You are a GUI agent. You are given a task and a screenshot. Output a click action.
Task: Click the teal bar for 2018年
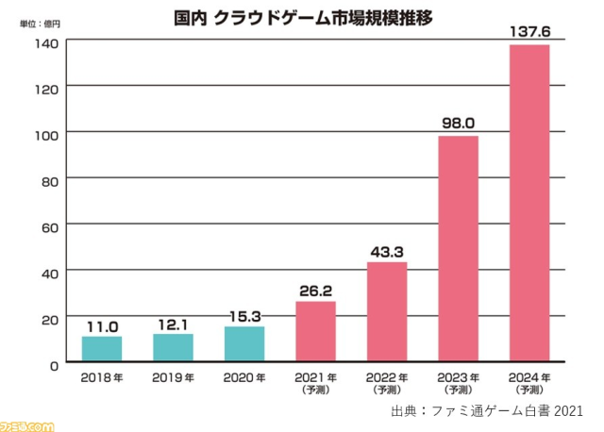click(x=102, y=349)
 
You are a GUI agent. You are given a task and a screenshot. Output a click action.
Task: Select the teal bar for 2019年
click(x=173, y=348)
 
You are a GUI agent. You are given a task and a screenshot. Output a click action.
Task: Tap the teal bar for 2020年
click(x=244, y=344)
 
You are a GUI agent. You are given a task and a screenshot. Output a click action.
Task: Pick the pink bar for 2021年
click(x=315, y=332)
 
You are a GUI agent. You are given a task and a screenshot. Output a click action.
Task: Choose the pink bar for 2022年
click(x=387, y=312)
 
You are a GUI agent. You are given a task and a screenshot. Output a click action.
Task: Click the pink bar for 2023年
click(x=459, y=249)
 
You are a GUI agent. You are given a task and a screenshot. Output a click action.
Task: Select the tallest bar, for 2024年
click(x=529, y=204)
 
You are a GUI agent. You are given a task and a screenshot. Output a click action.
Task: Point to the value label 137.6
click(x=529, y=31)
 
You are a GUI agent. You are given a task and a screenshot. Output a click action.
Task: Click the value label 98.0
click(x=459, y=123)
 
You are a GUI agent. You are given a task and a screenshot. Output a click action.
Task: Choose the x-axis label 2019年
click(x=173, y=377)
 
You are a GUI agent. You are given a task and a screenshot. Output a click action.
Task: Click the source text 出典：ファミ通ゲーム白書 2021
click(x=487, y=411)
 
